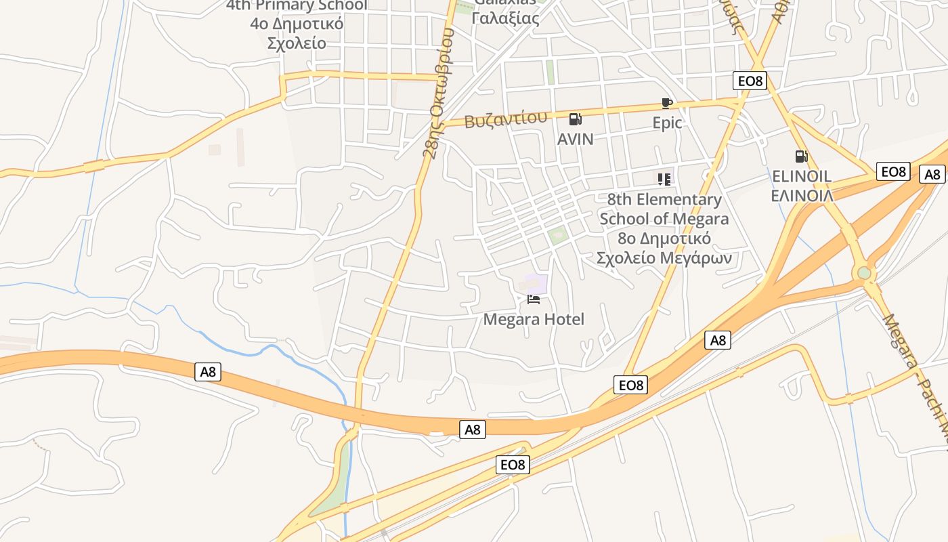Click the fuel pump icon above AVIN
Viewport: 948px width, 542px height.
tap(576, 120)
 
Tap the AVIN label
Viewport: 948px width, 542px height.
tap(575, 139)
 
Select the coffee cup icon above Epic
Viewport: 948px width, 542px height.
tap(667, 104)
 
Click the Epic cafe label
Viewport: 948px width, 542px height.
tap(667, 123)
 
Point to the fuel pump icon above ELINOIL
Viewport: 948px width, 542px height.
tap(801, 157)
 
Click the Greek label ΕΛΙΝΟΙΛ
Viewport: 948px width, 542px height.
tap(802, 196)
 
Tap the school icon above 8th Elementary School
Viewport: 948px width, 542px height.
tap(664, 180)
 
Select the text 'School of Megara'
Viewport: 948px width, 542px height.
tap(664, 219)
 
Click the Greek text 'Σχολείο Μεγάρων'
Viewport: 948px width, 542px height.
tap(664, 258)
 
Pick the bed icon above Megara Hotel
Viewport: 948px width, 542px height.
tap(534, 299)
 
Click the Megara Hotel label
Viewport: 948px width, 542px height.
tap(534, 319)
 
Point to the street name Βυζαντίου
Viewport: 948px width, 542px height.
tap(505, 120)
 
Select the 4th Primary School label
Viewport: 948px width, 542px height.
tap(297, 5)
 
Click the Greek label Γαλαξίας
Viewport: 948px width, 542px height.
tap(505, 18)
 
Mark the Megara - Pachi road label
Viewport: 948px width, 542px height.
tap(918, 379)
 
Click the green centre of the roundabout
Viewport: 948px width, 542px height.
tap(864, 273)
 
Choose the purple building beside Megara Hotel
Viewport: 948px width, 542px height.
tap(536, 284)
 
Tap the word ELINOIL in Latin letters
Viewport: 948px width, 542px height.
tap(802, 177)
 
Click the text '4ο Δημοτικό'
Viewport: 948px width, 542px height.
tap(297, 24)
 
